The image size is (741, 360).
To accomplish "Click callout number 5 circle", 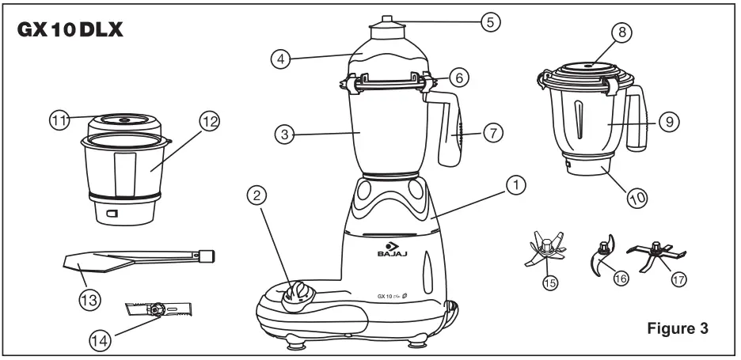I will pyautogui.click(x=492, y=21).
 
